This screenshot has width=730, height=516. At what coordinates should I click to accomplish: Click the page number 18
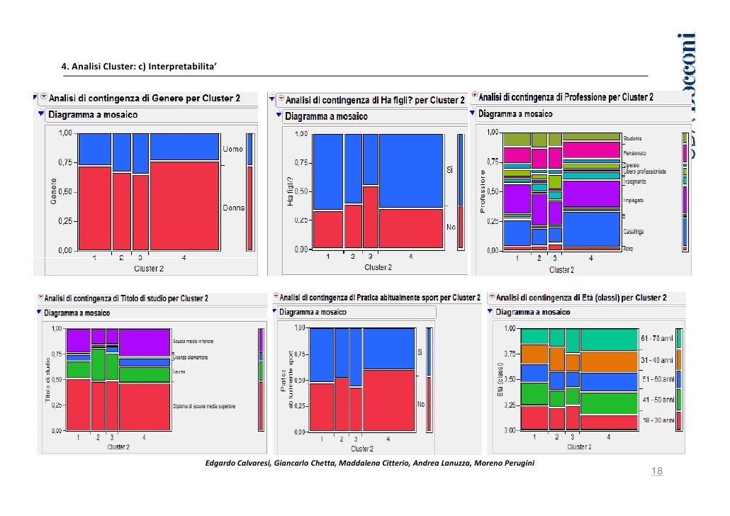click(656, 471)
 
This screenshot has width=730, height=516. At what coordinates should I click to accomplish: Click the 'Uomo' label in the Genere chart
click(233, 150)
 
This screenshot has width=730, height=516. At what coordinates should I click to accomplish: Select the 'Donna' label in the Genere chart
click(234, 208)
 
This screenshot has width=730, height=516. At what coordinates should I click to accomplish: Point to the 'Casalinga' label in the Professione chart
click(633, 232)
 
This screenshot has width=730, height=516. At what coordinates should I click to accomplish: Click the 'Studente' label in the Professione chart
click(632, 138)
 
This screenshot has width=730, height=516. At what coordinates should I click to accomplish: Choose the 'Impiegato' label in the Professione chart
click(633, 201)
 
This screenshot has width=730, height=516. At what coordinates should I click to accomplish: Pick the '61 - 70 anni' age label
click(657, 337)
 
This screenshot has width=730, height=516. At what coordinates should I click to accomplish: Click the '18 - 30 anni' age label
click(657, 420)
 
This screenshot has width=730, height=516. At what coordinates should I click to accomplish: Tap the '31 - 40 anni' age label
click(657, 359)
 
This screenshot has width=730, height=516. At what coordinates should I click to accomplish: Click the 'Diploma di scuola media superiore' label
click(204, 406)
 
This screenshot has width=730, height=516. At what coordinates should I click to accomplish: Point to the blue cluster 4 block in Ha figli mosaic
click(411, 170)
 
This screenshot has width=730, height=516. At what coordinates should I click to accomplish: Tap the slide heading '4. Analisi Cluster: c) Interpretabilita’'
click(140, 67)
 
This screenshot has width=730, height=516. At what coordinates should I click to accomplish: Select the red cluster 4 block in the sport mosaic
click(388, 400)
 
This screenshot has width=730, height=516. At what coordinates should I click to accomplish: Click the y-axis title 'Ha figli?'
click(290, 191)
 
